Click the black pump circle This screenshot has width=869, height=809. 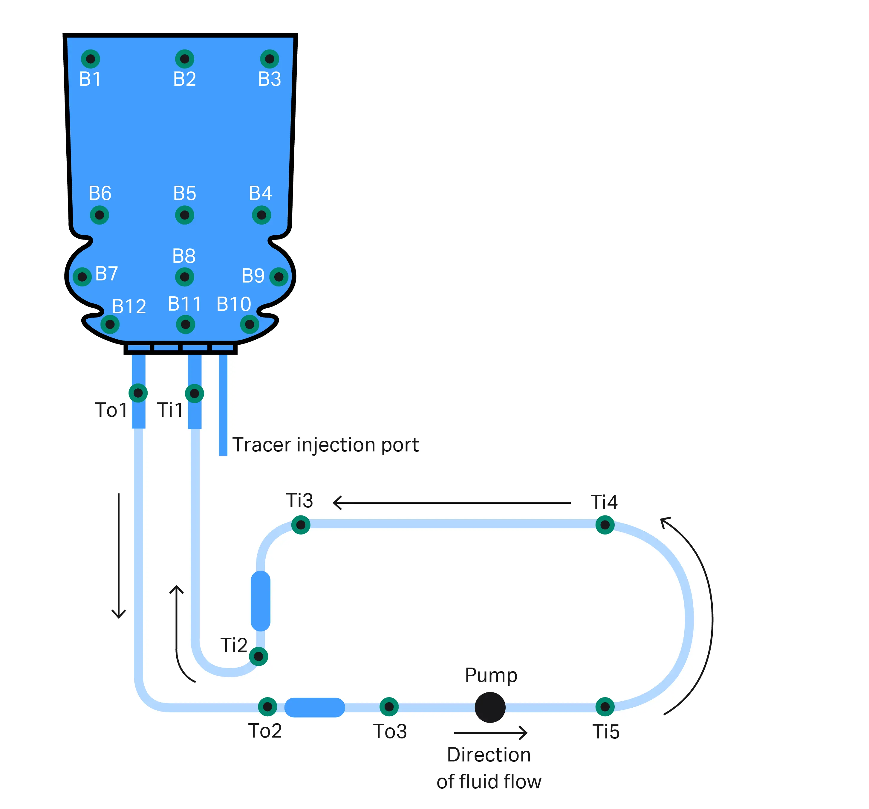click(490, 707)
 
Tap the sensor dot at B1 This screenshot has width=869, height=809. click(91, 59)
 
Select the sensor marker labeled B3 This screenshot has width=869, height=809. click(270, 59)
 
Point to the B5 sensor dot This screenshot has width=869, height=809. click(184, 215)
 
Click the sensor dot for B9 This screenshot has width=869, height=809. click(279, 277)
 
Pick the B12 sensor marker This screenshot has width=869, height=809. click(110, 324)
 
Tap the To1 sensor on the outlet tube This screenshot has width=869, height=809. click(138, 393)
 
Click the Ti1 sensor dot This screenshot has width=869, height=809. click(195, 393)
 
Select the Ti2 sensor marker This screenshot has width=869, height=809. click(258, 657)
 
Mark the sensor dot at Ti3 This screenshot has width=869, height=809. click(301, 525)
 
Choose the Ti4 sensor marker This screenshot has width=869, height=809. click(605, 525)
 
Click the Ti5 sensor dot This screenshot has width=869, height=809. click(605, 707)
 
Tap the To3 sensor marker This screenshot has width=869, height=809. click(389, 707)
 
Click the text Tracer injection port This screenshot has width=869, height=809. click(325, 445)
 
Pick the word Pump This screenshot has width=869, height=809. click(491, 675)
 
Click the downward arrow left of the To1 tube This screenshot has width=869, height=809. click(118, 555)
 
